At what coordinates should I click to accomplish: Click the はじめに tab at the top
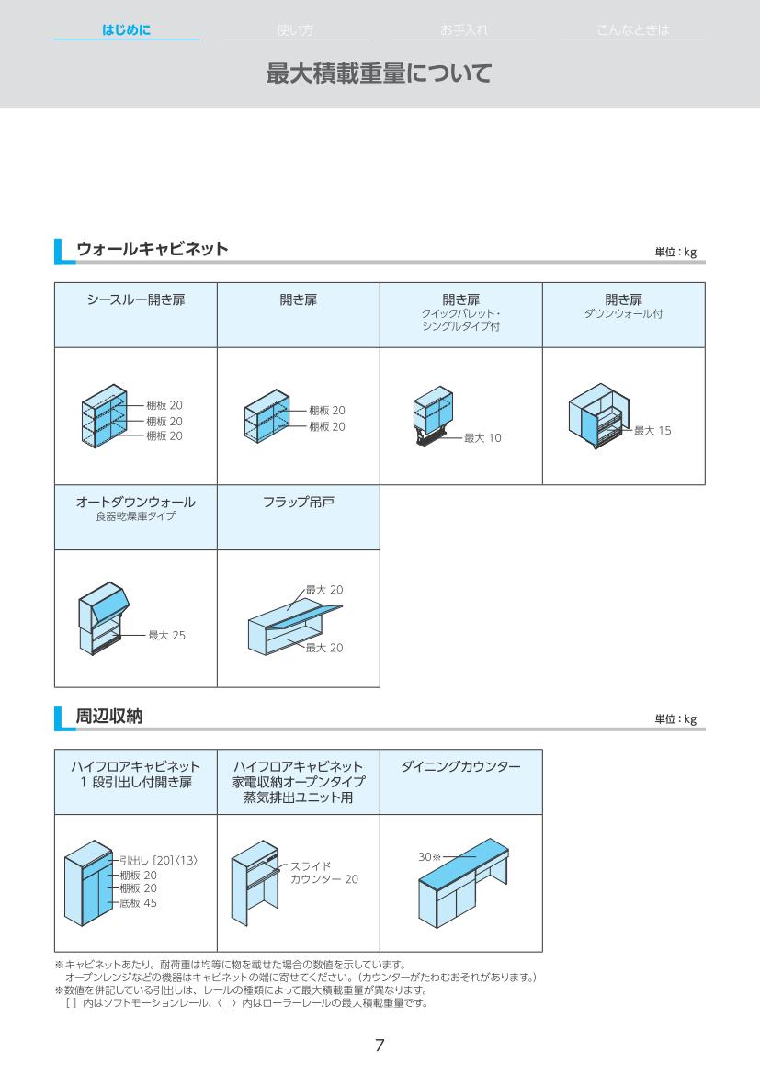(x=126, y=30)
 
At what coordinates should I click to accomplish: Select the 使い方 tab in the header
(x=295, y=30)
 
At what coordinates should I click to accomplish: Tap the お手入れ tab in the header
(x=463, y=30)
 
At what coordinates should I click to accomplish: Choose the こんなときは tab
(x=632, y=30)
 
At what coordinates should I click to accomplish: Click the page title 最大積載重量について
(x=379, y=73)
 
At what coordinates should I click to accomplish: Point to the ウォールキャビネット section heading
(x=152, y=249)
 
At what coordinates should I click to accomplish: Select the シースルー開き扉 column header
(x=136, y=300)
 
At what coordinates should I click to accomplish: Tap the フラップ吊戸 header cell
(x=298, y=503)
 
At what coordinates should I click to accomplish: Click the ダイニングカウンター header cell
(x=460, y=766)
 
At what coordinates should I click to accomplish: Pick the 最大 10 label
(x=482, y=438)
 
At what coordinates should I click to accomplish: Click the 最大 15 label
(x=652, y=430)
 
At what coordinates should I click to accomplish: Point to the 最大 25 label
(x=166, y=635)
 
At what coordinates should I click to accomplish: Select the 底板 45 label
(x=138, y=903)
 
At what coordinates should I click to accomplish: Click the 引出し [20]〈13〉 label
(x=158, y=860)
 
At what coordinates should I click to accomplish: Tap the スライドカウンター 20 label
(x=323, y=873)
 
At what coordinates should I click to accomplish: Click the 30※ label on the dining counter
(x=429, y=856)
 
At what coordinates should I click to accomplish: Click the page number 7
(x=380, y=1046)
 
